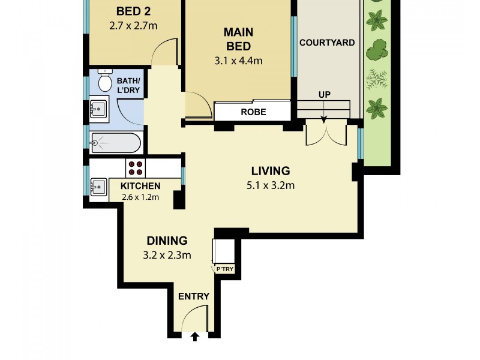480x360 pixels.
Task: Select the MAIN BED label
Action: click(238, 39)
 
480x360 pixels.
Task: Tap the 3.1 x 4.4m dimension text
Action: click(238, 61)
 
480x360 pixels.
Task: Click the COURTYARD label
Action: click(327, 43)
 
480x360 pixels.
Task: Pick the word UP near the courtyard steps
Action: click(325, 95)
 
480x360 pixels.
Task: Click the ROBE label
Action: click(253, 112)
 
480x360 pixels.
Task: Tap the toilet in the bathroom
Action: click(105, 80)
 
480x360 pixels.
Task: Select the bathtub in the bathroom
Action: click(115, 143)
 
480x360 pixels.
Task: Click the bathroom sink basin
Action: click(98, 109)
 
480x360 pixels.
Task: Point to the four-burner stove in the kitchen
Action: click(134, 168)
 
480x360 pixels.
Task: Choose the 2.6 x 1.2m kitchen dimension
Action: click(140, 197)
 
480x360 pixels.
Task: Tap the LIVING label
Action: click(270, 171)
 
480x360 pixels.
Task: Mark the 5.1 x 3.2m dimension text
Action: click(270, 185)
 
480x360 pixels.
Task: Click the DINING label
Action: click(167, 241)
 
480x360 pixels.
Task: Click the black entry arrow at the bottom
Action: click(194, 338)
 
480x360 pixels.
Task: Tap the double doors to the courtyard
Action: click(326, 133)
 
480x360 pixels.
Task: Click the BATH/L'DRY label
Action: click(129, 85)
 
